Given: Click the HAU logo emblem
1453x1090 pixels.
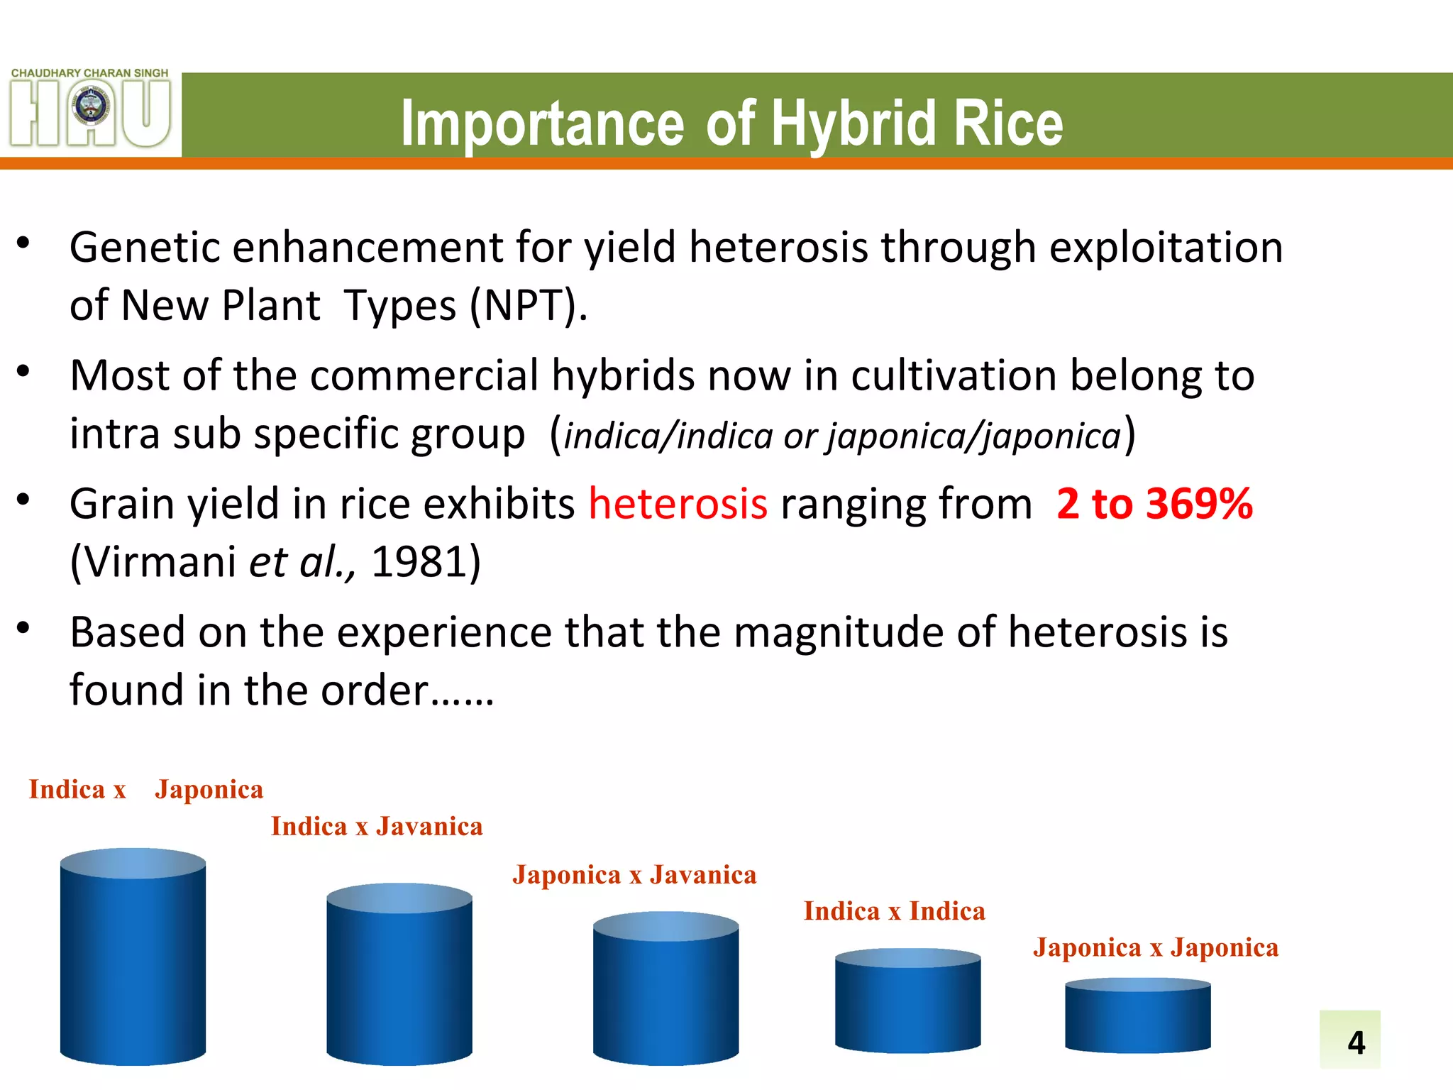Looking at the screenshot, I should click(x=91, y=111).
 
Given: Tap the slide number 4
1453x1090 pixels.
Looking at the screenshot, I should click(x=1356, y=1042).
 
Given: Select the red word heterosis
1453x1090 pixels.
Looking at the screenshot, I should click(x=678, y=505).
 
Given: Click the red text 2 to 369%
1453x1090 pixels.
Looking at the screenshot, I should click(x=1154, y=505).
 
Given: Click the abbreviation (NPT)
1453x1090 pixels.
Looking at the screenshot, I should click(x=529, y=307).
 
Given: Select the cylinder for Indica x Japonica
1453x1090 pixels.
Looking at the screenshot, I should click(x=133, y=958).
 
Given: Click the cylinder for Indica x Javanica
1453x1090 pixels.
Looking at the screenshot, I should click(x=399, y=976).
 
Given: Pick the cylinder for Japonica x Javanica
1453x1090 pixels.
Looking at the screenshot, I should click(x=665, y=990).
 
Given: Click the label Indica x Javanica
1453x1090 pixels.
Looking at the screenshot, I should click(x=377, y=827).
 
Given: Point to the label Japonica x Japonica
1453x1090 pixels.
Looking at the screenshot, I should click(x=1156, y=948).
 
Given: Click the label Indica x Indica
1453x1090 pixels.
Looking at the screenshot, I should click(x=894, y=911).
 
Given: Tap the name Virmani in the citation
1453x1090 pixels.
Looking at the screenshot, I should click(x=160, y=563).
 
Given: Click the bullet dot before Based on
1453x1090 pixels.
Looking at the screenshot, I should click(x=23, y=628).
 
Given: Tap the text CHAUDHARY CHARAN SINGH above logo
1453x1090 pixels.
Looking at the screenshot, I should click(x=89, y=73).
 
